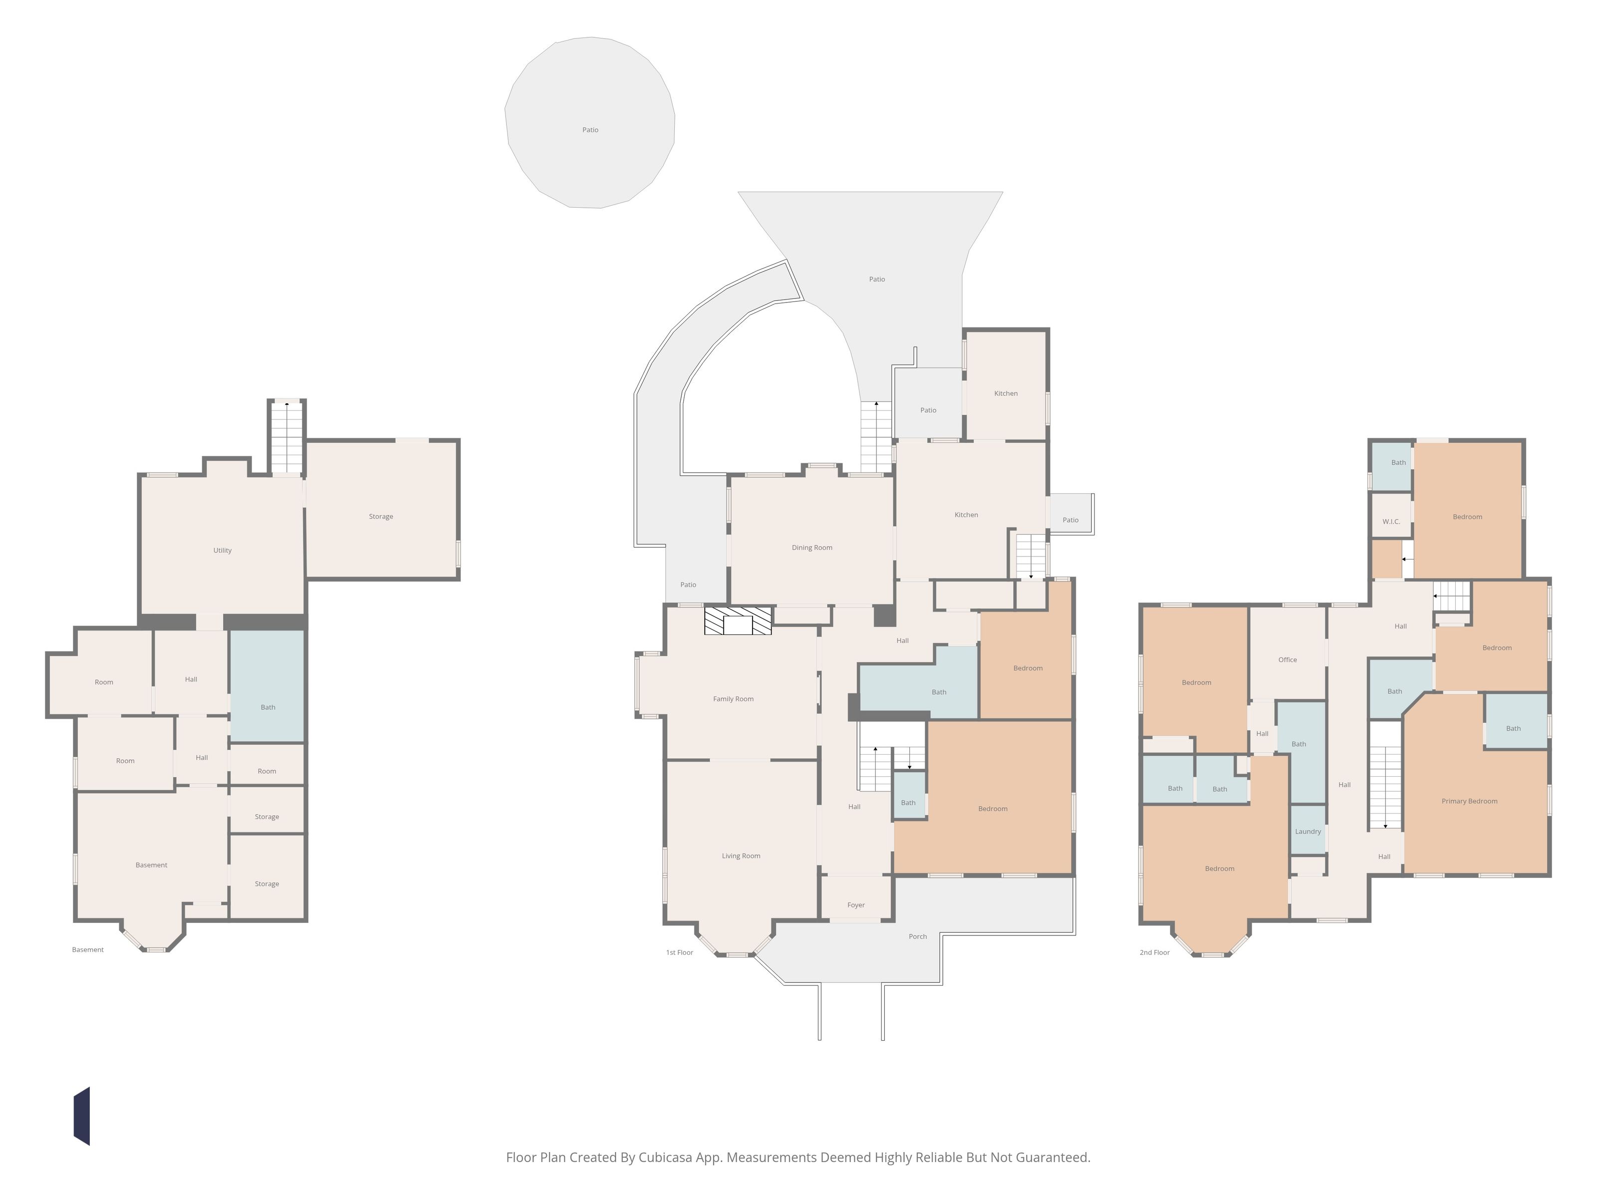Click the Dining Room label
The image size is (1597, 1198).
pos(811,548)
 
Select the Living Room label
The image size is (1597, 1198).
pos(741,856)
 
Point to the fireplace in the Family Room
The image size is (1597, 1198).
pos(738,621)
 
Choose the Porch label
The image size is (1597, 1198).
pos(918,936)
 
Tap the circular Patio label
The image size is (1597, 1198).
pos(590,130)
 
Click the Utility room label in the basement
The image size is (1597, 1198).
pos(223,550)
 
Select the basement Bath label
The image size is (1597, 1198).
pos(268,707)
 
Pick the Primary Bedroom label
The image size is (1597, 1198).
pos(1469,801)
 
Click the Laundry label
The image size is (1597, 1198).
pos(1308,831)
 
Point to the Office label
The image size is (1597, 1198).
pos(1287,659)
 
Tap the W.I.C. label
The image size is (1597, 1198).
pos(1391,521)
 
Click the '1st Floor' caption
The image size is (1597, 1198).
pos(679,952)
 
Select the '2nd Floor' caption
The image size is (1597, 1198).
pos(1154,952)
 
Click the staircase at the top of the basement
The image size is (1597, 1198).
pos(286,437)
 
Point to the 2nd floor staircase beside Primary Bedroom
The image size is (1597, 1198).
pos(1385,788)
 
